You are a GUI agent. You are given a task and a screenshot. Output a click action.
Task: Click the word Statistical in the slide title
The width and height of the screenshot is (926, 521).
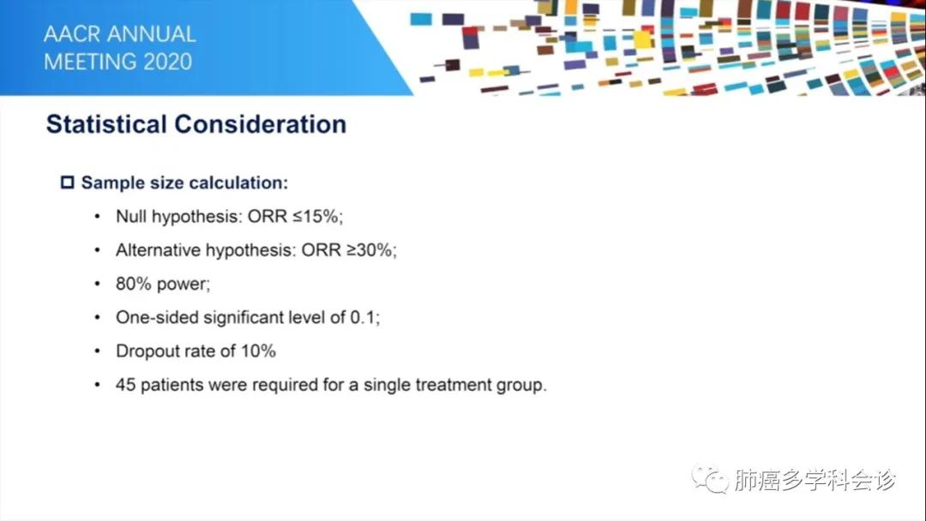106,124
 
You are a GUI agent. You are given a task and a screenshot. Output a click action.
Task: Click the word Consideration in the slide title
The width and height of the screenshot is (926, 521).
260,124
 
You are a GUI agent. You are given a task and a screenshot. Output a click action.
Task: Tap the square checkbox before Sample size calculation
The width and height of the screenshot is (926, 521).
68,183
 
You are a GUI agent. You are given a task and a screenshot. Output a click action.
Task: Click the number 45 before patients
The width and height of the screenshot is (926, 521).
125,385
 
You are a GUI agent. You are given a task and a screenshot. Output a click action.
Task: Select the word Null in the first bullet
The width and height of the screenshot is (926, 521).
131,217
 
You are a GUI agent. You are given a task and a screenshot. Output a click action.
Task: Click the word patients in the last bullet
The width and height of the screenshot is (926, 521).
169,385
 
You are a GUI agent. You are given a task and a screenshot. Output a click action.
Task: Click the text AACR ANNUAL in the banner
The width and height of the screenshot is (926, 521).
119,35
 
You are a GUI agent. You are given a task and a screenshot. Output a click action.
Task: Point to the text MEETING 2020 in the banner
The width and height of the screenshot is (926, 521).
117,63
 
